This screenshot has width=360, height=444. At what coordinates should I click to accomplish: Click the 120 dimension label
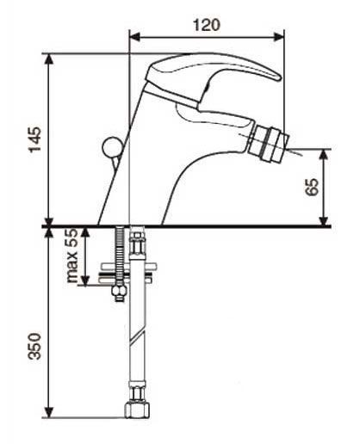tap(207, 25)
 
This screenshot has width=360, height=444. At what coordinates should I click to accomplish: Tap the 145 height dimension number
tap(34, 139)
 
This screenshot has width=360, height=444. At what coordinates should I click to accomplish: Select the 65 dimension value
tap(312, 187)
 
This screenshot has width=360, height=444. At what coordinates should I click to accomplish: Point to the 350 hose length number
tap(34, 346)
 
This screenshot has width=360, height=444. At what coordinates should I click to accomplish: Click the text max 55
tap(72, 256)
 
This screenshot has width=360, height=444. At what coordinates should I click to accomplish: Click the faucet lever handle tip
tap(278, 77)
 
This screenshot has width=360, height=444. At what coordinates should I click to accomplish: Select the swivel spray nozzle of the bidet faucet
tap(268, 146)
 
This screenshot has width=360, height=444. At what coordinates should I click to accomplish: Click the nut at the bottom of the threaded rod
tap(119, 292)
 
